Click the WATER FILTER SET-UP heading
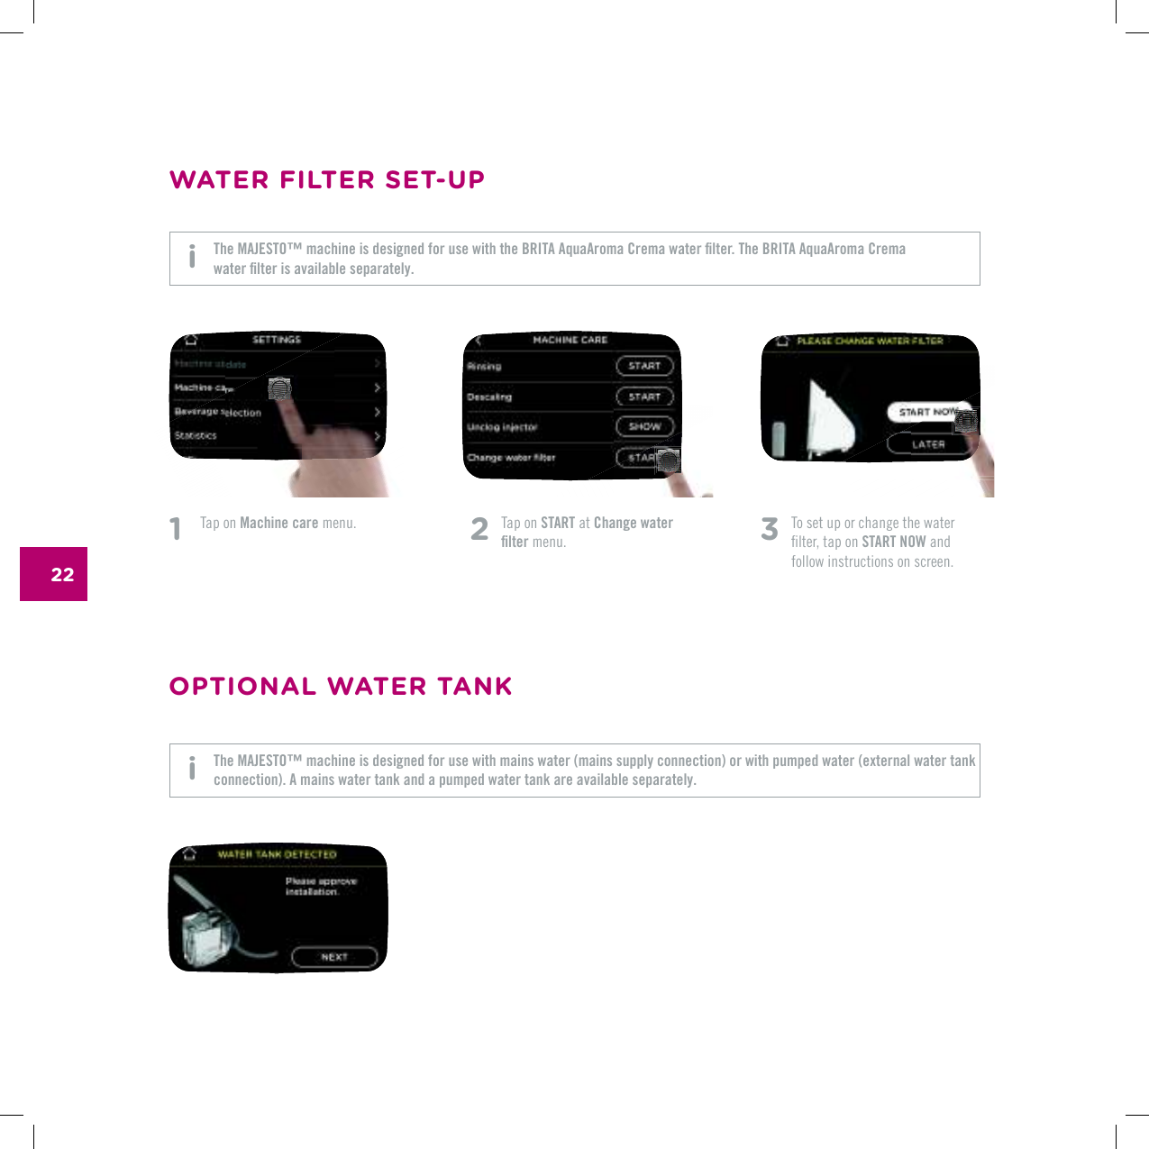click(327, 180)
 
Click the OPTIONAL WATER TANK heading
click(341, 687)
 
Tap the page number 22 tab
click(54, 574)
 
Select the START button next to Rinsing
click(644, 366)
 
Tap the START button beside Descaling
click(644, 397)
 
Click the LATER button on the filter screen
click(927, 444)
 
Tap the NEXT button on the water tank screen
click(334, 957)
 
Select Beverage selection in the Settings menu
click(218, 412)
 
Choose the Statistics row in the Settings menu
click(196, 435)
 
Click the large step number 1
click(176, 529)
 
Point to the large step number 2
click(479, 529)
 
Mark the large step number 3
click(769, 529)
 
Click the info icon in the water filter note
click(192, 257)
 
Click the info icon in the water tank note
click(192, 768)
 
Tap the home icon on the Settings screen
click(190, 341)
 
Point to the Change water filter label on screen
click(511, 458)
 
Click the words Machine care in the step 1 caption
click(279, 523)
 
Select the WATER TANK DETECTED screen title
click(277, 854)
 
